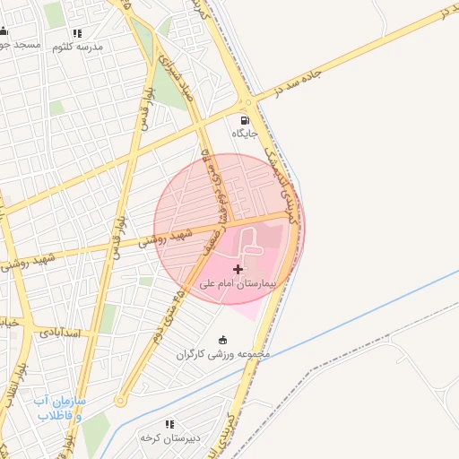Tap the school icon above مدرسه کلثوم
point(77,32)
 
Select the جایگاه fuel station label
point(245,134)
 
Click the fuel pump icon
point(244,119)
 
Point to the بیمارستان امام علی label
point(238,282)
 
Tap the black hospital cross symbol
point(238,269)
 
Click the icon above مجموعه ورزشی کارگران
point(223,340)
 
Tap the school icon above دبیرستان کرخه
point(169,424)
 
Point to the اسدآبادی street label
point(60,332)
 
